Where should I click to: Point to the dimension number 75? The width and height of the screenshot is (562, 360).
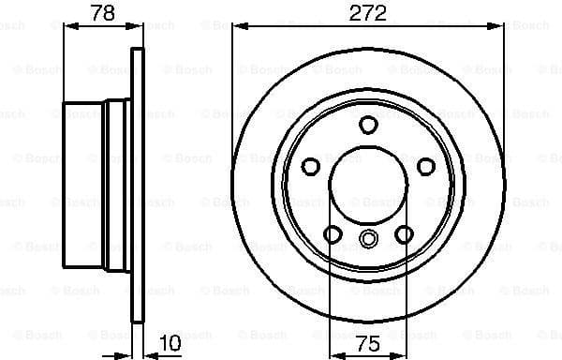tap(368, 344)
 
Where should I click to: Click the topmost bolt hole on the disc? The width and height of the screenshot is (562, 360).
tap(368, 125)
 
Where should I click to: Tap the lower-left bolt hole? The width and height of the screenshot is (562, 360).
tap(331, 234)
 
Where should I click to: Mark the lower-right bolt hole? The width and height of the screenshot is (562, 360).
tap(405, 234)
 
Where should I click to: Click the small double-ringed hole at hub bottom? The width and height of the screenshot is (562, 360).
tap(368, 239)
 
